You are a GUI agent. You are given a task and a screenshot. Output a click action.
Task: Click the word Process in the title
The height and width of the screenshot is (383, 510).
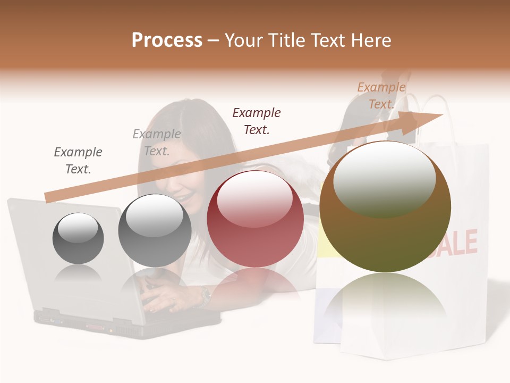pyautogui.click(x=167, y=40)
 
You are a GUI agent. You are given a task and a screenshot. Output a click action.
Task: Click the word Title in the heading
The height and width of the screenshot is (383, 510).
pyautogui.click(x=286, y=40)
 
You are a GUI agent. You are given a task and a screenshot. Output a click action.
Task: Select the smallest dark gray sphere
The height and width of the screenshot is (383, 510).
pyautogui.click(x=78, y=238)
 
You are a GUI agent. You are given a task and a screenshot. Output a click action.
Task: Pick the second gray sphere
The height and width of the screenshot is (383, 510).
pyautogui.click(x=155, y=231)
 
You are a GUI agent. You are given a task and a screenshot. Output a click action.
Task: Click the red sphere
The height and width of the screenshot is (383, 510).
pyautogui.click(x=255, y=219)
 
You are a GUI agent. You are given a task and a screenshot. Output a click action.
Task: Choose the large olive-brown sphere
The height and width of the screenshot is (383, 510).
pyautogui.click(x=385, y=207)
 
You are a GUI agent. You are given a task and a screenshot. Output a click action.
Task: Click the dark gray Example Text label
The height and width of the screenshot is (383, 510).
pyautogui.click(x=78, y=161)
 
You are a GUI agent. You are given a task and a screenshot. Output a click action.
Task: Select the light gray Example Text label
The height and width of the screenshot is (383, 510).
pyautogui.click(x=157, y=143)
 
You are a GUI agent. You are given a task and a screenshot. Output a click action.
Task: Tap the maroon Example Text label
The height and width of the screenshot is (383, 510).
pyautogui.click(x=257, y=121)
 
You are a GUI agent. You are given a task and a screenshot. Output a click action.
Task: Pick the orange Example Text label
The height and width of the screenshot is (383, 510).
pyautogui.click(x=381, y=96)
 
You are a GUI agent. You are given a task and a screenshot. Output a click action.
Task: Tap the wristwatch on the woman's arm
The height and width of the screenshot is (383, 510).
pyautogui.click(x=205, y=296)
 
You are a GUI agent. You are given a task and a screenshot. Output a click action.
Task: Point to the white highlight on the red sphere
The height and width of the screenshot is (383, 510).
pyautogui.click(x=254, y=198)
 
